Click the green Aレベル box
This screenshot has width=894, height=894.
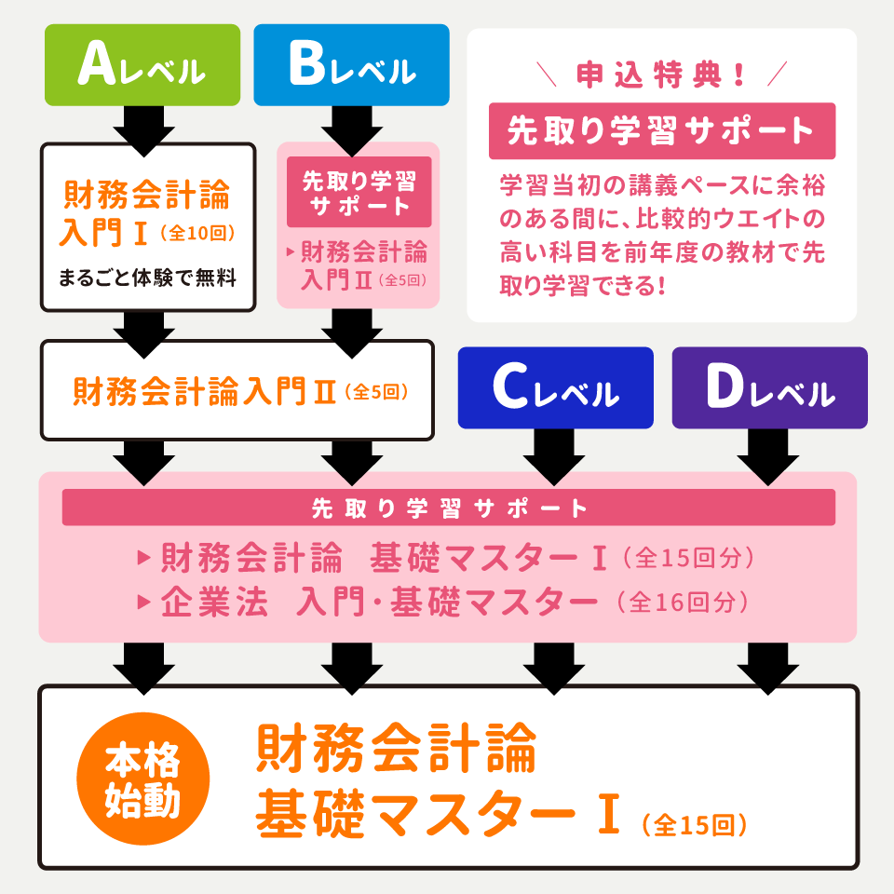(142, 65)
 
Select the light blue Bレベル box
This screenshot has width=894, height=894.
(351, 65)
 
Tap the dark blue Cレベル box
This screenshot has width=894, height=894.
(555, 388)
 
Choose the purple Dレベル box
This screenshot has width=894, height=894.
(769, 388)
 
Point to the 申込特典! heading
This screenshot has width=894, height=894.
(661, 75)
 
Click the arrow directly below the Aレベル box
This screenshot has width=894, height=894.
(142, 129)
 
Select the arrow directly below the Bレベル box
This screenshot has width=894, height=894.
(351, 129)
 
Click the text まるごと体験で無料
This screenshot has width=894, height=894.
(147, 277)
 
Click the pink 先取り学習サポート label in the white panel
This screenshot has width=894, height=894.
(661, 131)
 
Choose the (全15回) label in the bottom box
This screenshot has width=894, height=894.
(694, 824)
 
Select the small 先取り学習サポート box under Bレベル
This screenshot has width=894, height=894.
(359, 192)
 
